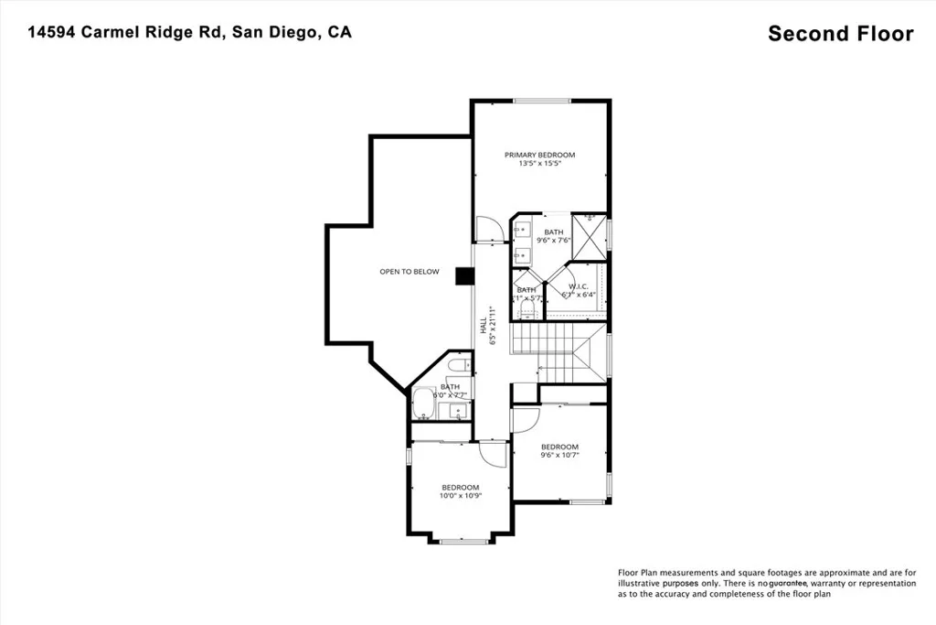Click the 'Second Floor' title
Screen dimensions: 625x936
tap(840, 34)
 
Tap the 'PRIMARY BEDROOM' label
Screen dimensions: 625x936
tap(539, 155)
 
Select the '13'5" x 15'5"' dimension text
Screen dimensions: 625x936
tap(539, 165)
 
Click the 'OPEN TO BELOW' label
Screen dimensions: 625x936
tap(409, 272)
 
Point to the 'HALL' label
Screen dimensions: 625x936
tap(484, 323)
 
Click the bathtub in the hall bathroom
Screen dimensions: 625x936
tap(423, 404)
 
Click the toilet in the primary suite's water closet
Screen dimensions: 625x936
tap(526, 308)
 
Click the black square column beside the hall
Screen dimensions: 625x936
tap(463, 275)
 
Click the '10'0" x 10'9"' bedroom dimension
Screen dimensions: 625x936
tap(460, 496)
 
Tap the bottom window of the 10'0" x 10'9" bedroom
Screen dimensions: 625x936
tap(460, 542)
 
